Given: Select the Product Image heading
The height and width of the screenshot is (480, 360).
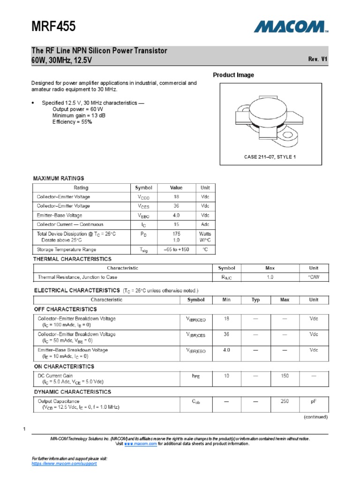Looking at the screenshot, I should (233, 75).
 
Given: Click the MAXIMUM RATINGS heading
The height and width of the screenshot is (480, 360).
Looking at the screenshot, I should (59, 178).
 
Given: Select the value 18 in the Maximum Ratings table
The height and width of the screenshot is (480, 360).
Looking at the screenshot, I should (176, 197).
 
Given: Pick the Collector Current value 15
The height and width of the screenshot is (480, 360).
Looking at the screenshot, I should (176, 225).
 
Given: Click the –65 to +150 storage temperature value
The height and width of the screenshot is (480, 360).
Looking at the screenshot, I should (176, 249).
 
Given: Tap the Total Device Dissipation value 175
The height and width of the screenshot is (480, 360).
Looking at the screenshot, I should (176, 233).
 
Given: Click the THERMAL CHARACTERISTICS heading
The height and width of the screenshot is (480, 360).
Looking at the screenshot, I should (72, 259).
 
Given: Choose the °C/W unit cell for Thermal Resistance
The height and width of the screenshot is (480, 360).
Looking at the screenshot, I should (314, 277).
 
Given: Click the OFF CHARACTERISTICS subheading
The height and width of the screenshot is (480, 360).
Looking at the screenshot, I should (65, 309).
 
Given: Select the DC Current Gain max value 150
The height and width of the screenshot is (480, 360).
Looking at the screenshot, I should (285, 376).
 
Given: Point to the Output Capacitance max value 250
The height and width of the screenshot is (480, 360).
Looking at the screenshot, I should (285, 402).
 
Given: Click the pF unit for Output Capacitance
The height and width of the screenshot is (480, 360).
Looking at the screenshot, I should (314, 402).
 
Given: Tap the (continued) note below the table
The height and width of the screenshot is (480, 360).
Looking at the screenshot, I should (315, 417).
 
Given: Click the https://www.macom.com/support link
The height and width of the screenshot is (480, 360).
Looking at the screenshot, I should (64, 463).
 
